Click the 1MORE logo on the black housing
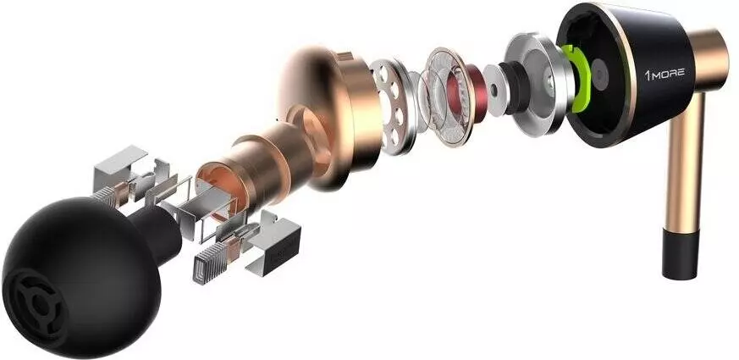pos(665,74)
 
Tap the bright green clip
pos(578,78)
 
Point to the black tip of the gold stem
pos(680,254)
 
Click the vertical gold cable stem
pos(684,160)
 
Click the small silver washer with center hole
pos(495,90)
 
